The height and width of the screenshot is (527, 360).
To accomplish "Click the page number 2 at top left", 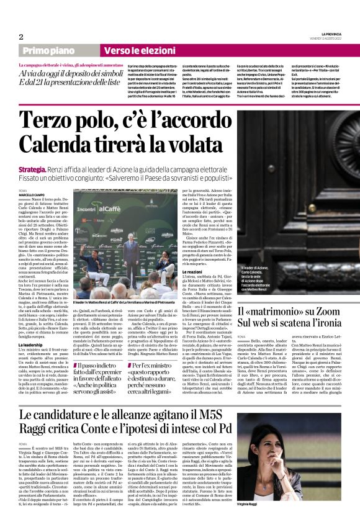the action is point(21,37).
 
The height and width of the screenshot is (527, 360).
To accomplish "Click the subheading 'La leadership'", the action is point(32,345).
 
